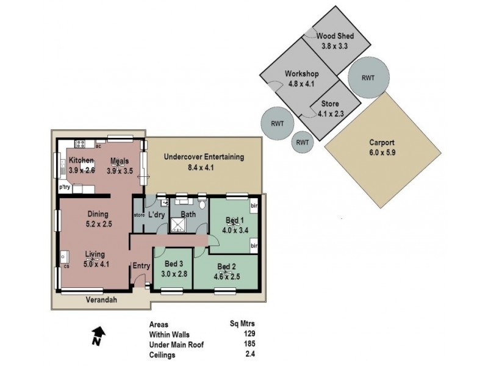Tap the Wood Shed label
pos(334,36)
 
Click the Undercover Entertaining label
pos(204,157)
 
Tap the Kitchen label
pos(81,161)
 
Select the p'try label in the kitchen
pos(65,188)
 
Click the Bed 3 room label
pos(174,263)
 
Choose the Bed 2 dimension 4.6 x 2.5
pos(226,275)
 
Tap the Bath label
pos(188,214)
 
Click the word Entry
pos(141,265)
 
